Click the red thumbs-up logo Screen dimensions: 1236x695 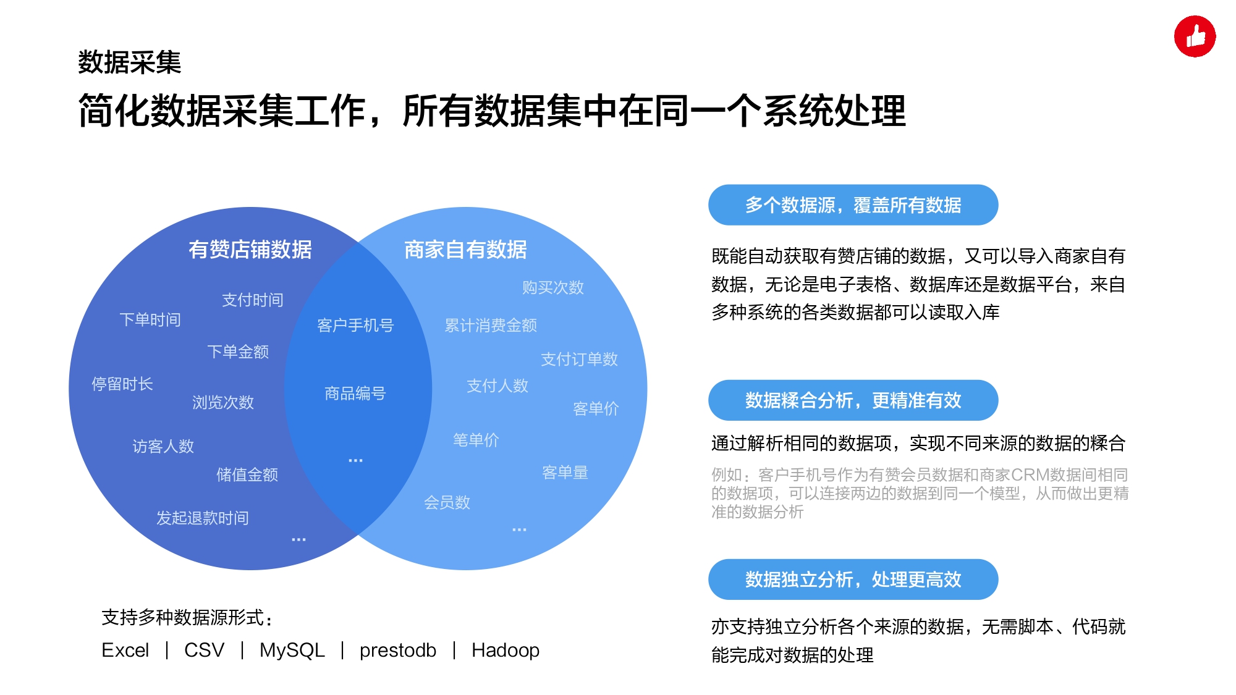pos(1195,36)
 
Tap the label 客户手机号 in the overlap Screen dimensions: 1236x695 pos(355,325)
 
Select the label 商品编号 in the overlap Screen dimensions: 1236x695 pos(355,393)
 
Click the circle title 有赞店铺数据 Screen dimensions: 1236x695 pos(250,250)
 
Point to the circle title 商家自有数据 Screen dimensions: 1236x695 pos(465,250)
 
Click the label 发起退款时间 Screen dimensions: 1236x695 pos(202,518)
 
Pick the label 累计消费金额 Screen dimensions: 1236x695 pos(491,325)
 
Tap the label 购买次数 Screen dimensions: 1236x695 pos(553,287)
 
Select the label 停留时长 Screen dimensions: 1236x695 pos(122,384)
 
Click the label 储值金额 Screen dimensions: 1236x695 pos(247,474)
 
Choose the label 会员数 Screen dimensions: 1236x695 pos(447,502)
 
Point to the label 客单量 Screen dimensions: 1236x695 pos(565,473)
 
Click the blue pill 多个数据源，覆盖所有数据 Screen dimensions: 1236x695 pos(853,205)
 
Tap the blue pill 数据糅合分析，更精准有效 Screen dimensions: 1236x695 pos(853,400)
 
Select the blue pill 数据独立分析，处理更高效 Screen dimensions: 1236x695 pos(853,579)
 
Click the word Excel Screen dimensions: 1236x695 pos(125,651)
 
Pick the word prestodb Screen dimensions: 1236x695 pos(398,651)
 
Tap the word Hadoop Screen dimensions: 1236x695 pos(506,651)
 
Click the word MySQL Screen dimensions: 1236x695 pos(292,651)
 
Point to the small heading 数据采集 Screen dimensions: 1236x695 pos(130,62)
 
